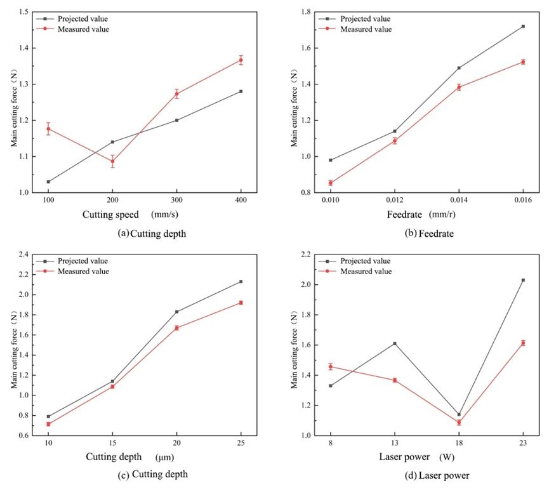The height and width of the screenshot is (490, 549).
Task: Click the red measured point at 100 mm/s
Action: (48, 129)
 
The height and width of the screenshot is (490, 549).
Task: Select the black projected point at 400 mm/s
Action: (241, 91)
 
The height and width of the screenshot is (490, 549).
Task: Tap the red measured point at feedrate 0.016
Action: (523, 62)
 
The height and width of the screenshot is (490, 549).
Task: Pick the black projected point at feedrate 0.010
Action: (331, 160)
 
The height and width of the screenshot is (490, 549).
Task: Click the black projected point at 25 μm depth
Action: (241, 281)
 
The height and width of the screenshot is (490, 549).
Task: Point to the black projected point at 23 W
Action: (523, 280)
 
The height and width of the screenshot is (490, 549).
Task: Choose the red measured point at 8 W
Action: (331, 366)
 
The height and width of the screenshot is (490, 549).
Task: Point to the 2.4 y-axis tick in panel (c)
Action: (23, 255)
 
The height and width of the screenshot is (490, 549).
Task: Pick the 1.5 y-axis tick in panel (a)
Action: (23, 12)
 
